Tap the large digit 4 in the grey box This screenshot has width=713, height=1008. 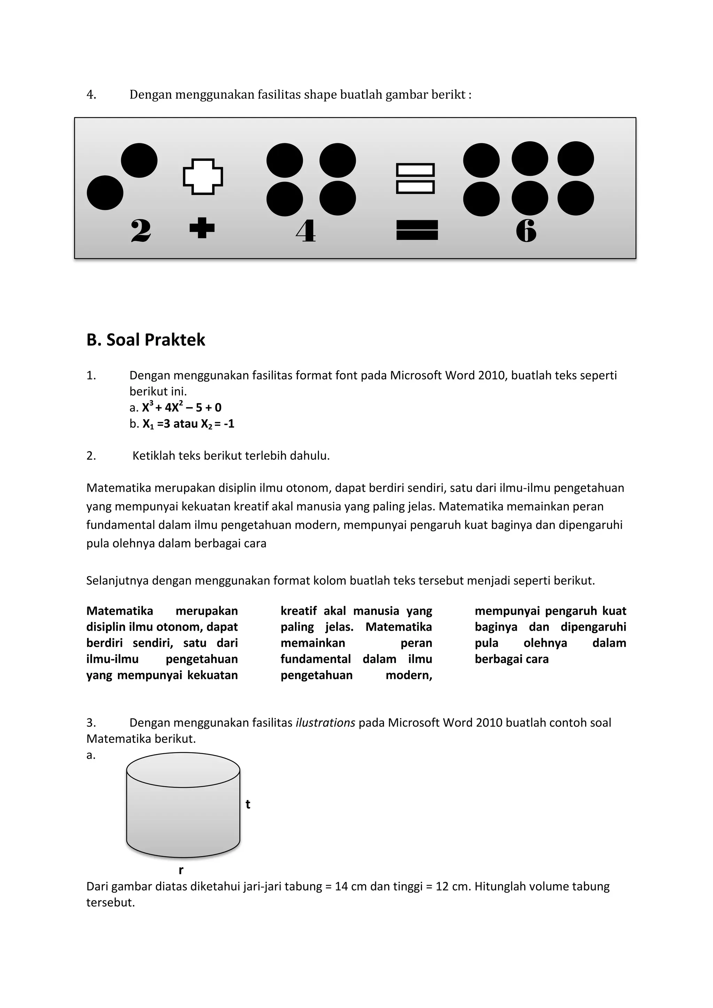(x=306, y=231)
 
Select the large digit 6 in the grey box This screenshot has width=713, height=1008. (x=526, y=231)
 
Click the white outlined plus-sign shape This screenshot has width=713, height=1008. (x=203, y=176)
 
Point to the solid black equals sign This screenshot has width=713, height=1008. (x=417, y=230)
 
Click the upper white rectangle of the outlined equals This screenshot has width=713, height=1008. (x=415, y=170)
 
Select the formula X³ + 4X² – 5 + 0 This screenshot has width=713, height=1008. (x=181, y=408)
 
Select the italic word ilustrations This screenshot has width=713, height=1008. (x=325, y=723)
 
